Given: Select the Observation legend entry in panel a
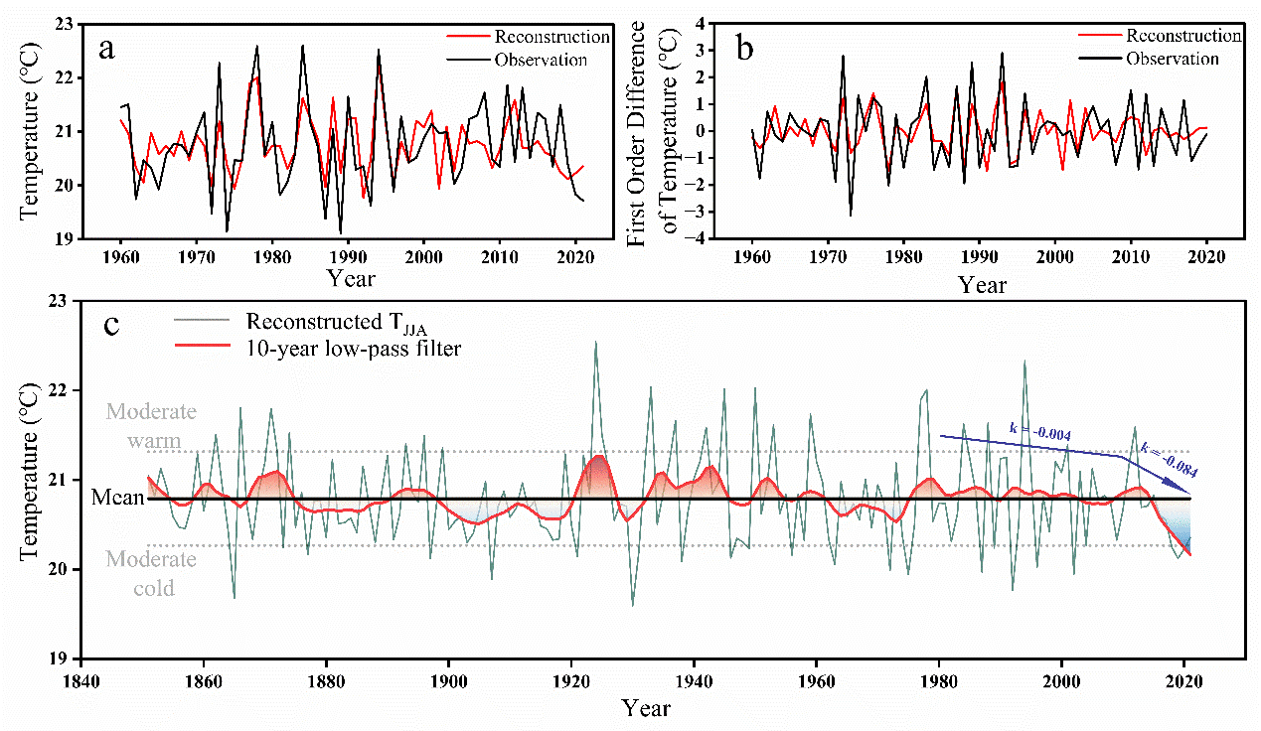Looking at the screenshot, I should [541, 60].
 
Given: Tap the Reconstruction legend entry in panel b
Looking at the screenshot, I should [1182, 36].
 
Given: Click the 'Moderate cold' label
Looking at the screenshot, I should [151, 573].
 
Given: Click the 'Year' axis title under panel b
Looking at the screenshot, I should [983, 286].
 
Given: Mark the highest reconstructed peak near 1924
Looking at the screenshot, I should [595, 343].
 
